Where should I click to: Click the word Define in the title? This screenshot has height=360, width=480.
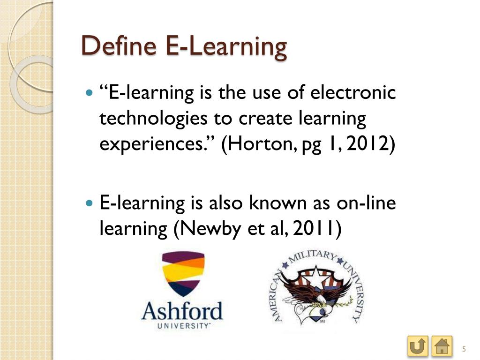coord(119,46)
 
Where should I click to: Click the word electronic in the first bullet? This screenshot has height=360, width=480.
coord(354,92)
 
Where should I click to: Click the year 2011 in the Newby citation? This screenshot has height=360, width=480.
coord(318,228)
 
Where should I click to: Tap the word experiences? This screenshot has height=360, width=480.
coord(157,144)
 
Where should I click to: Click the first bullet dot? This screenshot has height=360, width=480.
coord(90,93)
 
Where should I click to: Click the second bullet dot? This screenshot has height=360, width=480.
coord(90,204)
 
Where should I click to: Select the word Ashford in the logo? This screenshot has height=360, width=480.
coord(182,311)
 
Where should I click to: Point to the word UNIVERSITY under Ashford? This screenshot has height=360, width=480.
coord(183,325)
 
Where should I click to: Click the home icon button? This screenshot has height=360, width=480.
coord(442,347)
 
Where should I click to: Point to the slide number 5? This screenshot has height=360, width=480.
coord(464,348)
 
